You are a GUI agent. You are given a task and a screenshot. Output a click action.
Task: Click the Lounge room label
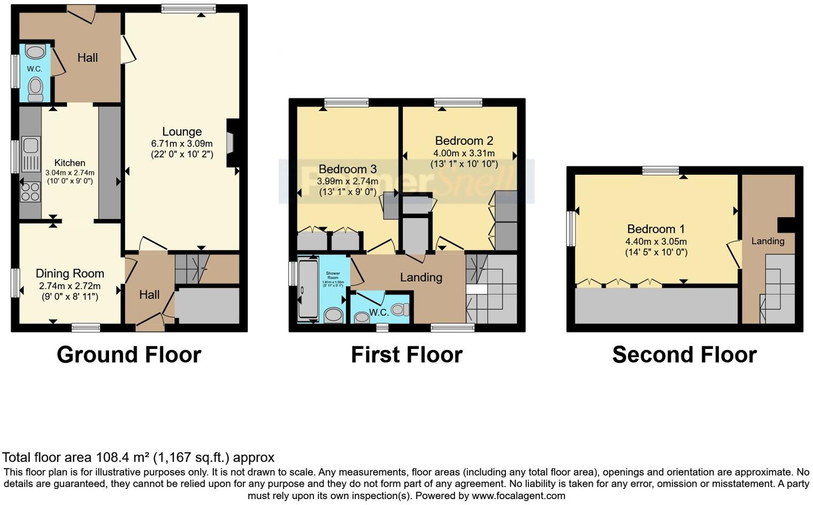pyautogui.click(x=182, y=131)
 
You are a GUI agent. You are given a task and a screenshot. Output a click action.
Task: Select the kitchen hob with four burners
pyautogui.click(x=30, y=192)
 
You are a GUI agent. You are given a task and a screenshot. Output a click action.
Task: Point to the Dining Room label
pyautogui.click(x=70, y=274)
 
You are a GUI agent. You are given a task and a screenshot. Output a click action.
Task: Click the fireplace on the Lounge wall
pyautogui.click(x=231, y=143)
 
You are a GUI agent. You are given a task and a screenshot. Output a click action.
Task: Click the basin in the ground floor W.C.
pyautogui.click(x=35, y=52)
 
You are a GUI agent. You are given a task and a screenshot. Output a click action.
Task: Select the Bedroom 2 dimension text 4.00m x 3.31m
pyautogui.click(x=464, y=153)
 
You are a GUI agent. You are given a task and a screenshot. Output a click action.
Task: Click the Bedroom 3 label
pyautogui.click(x=348, y=169)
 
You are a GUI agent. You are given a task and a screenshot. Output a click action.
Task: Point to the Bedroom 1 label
pyautogui.click(x=656, y=229)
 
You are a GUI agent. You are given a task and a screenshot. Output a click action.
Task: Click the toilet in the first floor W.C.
pyautogui.click(x=400, y=309)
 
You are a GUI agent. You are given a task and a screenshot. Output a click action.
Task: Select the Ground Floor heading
pyautogui.click(x=129, y=355)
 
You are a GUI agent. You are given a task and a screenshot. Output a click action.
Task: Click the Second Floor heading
pyautogui.click(x=684, y=355)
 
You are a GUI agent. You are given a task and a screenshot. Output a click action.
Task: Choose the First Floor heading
pyautogui.click(x=406, y=355)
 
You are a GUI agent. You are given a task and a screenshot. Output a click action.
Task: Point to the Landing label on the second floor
pyautogui.click(x=768, y=241)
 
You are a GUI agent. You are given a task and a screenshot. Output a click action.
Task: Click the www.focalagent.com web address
pyautogui.click(x=518, y=495)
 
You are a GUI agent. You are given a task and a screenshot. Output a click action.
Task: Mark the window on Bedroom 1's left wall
pyautogui.click(x=571, y=229)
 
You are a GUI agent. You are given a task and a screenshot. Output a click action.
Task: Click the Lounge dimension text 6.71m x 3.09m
pyautogui.click(x=182, y=144)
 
